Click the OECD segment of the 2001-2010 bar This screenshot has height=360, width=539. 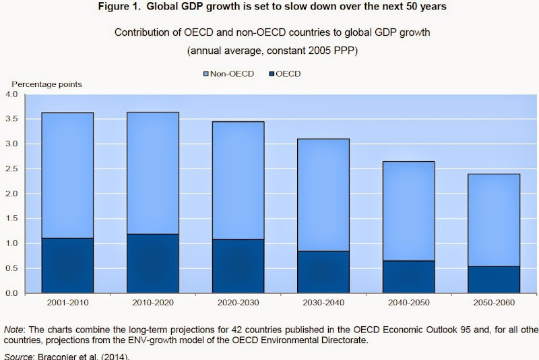coord(67,266)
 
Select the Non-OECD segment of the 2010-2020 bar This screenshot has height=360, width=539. coord(153,173)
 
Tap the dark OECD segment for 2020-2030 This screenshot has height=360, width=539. coord(239,266)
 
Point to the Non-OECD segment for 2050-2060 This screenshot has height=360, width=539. coord(494,220)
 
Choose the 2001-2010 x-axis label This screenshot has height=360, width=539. coord(67,303)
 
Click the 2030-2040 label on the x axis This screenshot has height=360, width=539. coord(323,303)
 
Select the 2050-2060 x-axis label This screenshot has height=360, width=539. coord(494,303)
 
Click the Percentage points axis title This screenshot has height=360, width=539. coord(46,84)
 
